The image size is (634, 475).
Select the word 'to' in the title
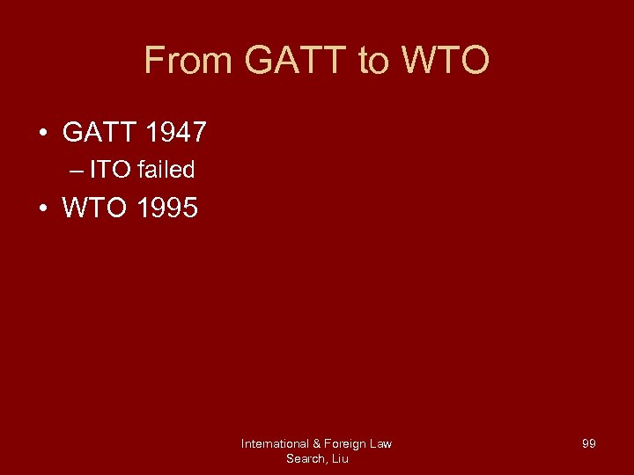[x=372, y=61]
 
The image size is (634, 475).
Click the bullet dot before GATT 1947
[x=42, y=134]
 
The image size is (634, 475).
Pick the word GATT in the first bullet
[x=96, y=133]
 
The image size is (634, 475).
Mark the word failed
[x=166, y=170]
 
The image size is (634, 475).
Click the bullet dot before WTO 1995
[x=42, y=208]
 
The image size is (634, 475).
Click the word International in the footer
[x=275, y=444]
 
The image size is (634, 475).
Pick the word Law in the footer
[x=381, y=444]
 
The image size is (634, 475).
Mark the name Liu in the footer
[x=340, y=458]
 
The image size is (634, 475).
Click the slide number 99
[x=589, y=444]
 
